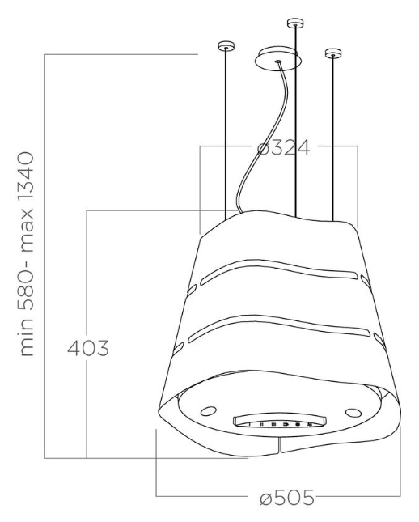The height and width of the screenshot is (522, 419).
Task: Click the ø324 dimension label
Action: coord(283,147)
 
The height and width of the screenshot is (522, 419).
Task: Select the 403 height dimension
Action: coord(88,348)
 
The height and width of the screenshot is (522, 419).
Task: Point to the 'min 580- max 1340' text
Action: coord(27,254)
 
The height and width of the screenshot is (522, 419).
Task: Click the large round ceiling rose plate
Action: coord(278,58)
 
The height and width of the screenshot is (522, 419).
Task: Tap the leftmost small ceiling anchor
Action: coord(226,46)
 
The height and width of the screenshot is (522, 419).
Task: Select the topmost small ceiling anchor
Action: coord(295,23)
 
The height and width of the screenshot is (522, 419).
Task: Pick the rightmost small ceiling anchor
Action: coord(333,53)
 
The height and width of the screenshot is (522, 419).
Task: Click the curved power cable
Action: coord(263,140)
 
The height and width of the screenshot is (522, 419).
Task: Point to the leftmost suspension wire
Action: coord(226,134)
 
